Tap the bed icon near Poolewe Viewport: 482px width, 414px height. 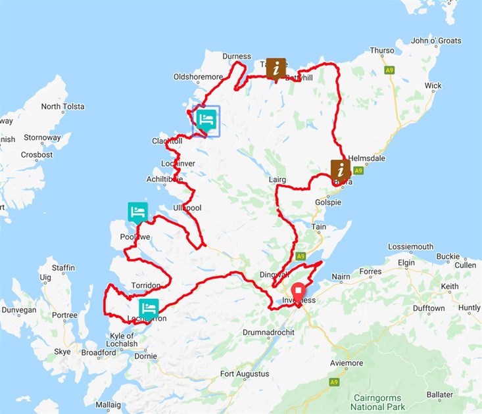pyautogui.click(x=137, y=212)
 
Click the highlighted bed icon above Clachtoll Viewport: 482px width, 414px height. pyautogui.click(x=206, y=120)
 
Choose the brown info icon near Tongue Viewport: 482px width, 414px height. pyautogui.click(x=277, y=67)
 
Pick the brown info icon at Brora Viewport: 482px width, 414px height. pyautogui.click(x=340, y=170)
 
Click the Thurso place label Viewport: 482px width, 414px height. pyautogui.click(x=382, y=51)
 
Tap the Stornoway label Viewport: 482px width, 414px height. pyautogui.click(x=42, y=138)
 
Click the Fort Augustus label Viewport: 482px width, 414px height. pyautogui.click(x=245, y=374)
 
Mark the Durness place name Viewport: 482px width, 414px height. pyautogui.click(x=237, y=57)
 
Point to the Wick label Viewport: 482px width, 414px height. pyautogui.click(x=433, y=85)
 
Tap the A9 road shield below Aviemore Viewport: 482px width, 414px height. pyautogui.click(x=334, y=382)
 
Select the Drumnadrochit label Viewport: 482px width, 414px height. pyautogui.click(x=270, y=333)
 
